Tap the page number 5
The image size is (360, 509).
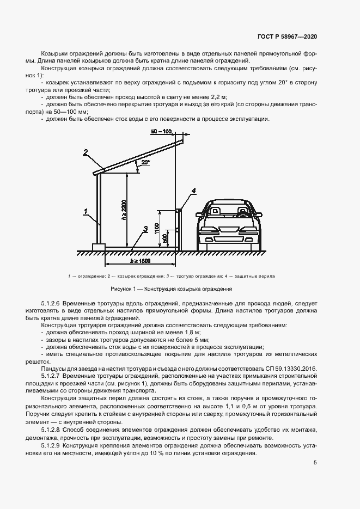click(315, 463)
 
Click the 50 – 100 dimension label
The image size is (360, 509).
click(161, 132)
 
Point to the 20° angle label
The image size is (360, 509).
click(145, 162)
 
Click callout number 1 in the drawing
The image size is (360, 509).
click(86, 210)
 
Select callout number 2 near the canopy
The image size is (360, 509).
click(86, 152)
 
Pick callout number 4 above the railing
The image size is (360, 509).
click(193, 190)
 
